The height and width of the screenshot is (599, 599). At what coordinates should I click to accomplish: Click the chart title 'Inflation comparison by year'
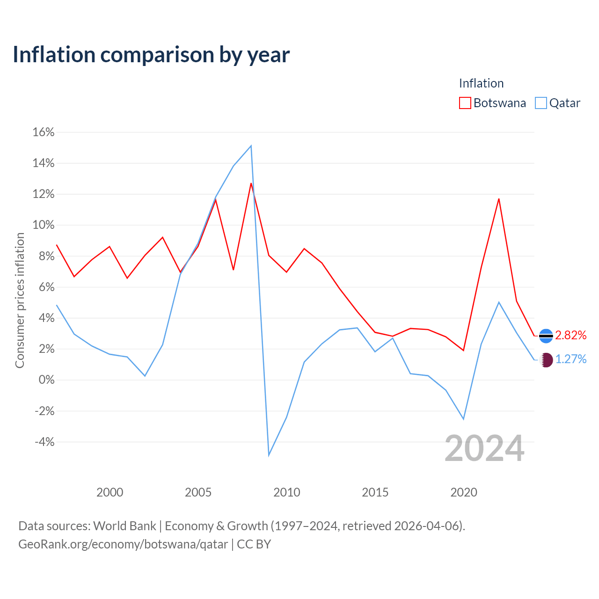tap(151, 55)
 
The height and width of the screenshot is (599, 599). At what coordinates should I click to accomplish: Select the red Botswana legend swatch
tap(465, 103)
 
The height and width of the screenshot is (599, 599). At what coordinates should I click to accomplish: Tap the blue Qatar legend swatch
tap(541, 103)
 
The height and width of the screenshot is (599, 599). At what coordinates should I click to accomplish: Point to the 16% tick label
tap(44, 132)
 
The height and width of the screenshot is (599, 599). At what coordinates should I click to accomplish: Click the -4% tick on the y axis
tap(44, 442)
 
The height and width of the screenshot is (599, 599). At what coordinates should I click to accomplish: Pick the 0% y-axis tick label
tap(47, 380)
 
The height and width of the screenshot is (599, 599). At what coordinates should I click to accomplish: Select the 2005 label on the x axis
tap(198, 492)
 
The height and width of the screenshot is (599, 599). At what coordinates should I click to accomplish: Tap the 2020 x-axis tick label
tap(463, 492)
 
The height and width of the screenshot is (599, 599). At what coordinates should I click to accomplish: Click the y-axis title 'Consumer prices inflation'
tap(20, 300)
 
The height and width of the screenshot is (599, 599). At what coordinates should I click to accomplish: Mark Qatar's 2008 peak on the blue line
tap(251, 146)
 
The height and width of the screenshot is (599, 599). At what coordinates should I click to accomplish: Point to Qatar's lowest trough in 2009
tap(269, 455)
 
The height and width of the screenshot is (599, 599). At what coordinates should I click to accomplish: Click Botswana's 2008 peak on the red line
tap(251, 183)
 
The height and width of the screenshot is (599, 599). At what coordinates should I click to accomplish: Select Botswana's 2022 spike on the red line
tap(498, 199)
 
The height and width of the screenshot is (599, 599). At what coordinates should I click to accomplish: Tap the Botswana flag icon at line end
tap(546, 336)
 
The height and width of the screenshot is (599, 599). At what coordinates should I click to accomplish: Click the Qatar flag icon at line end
tap(546, 360)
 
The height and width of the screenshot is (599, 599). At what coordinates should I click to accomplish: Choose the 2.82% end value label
tap(571, 335)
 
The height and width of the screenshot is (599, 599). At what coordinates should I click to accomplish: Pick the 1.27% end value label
tap(571, 359)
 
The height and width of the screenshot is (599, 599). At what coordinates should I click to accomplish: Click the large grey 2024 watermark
tap(484, 448)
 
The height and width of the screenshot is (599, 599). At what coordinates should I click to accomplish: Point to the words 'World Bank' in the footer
tap(124, 526)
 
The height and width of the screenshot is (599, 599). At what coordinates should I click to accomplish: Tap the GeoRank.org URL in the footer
tap(123, 544)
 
